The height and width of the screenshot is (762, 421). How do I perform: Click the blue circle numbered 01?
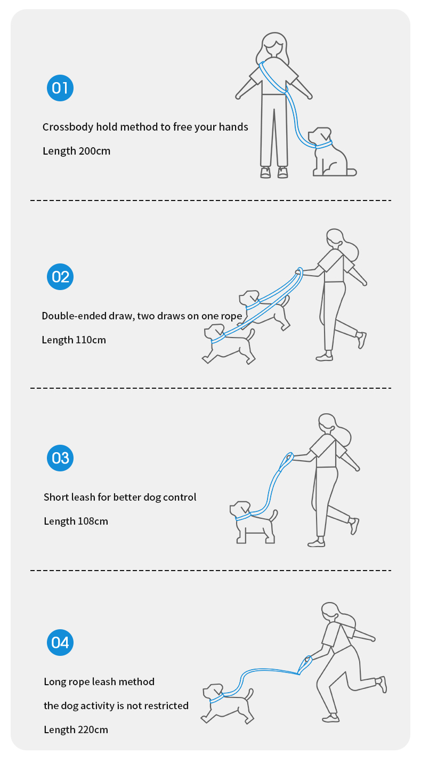pos(60,88)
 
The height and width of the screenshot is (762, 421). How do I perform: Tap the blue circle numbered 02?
pos(60,277)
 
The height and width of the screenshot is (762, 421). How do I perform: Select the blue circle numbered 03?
pos(60,458)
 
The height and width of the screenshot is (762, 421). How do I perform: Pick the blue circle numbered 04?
pos(60,643)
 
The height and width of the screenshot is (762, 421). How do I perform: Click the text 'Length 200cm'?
pos(77,151)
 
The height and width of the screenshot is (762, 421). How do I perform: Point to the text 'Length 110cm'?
pos(74,340)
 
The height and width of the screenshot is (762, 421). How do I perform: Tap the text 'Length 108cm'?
pos(76,521)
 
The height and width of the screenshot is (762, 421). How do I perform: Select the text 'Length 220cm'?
pos(76,729)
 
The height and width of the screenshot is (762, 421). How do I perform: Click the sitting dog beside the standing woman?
pos(331,152)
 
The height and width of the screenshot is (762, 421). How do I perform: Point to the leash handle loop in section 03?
pos(286,461)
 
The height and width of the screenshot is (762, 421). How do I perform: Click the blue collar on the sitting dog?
pos(323,145)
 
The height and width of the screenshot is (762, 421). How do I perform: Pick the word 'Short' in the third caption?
pos(54,498)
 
